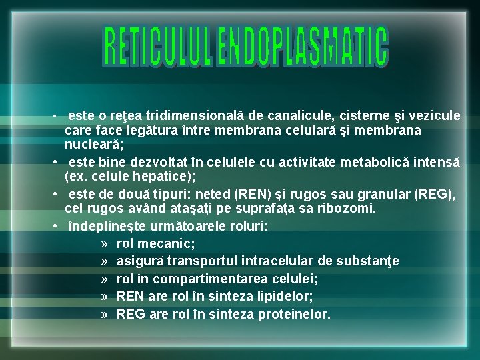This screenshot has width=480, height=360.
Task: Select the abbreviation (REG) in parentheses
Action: click(x=433, y=195)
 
